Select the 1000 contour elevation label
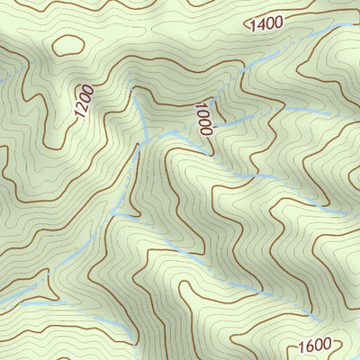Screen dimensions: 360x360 (x=202, y=118)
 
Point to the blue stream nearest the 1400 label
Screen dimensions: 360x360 (x=236, y=76)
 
